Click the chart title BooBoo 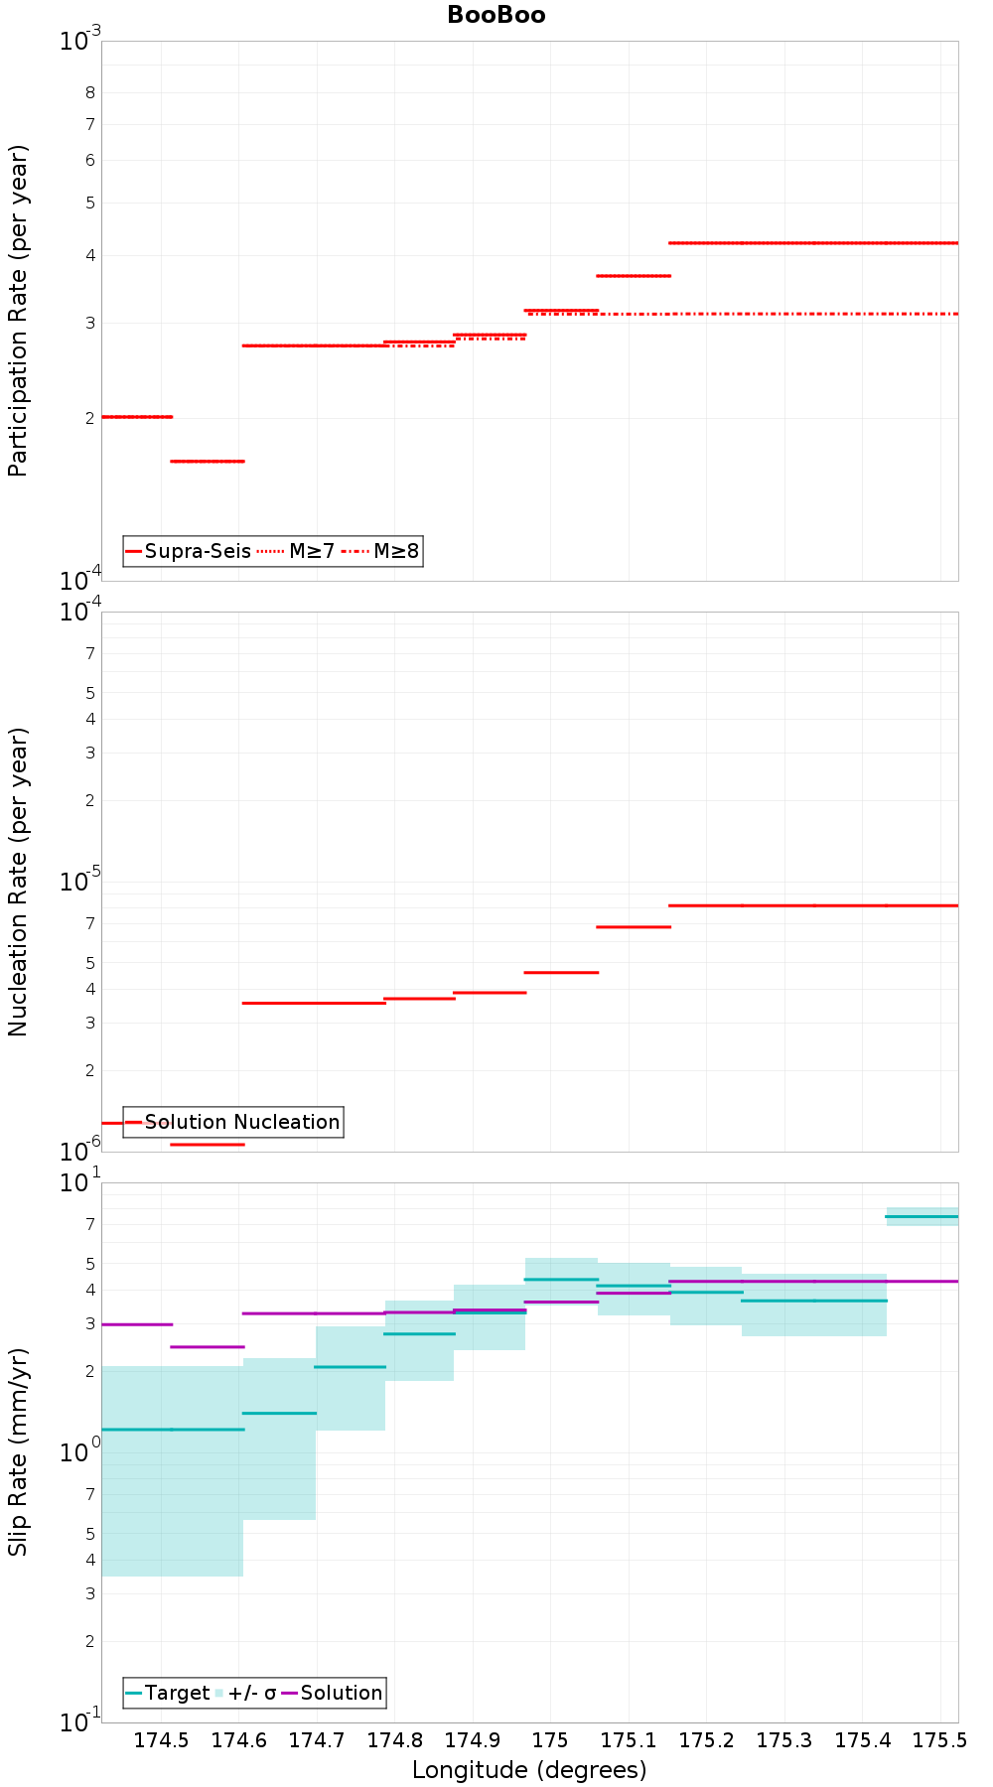[x=496, y=15]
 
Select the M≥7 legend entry [x=296, y=551]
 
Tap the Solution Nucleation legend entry [x=233, y=1122]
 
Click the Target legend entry [x=168, y=1693]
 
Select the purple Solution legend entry [x=333, y=1693]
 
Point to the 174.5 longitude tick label [x=161, y=1740]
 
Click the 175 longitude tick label [x=550, y=1740]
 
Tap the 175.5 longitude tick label [x=939, y=1740]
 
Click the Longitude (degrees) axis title [x=529, y=1770]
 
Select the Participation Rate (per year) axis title [x=18, y=311]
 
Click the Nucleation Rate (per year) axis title [x=18, y=883]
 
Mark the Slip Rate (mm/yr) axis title [x=18, y=1451]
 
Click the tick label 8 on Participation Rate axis [x=90, y=93]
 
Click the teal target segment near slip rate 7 [x=922, y=1216]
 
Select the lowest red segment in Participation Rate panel [x=208, y=461]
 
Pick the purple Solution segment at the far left [x=137, y=1324]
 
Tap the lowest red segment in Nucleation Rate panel [x=208, y=1145]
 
